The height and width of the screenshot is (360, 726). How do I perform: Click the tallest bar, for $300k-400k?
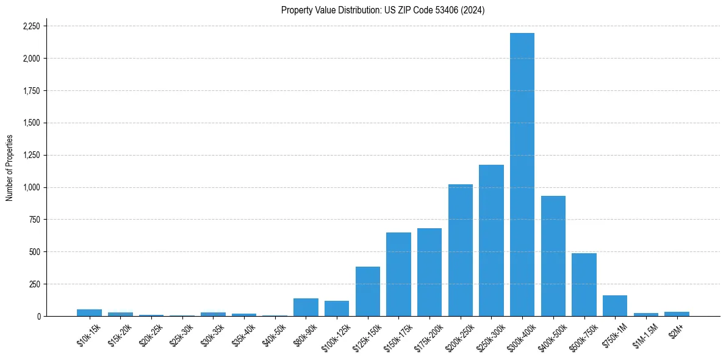(x=522, y=175)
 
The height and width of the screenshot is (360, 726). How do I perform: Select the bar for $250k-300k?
(x=491, y=240)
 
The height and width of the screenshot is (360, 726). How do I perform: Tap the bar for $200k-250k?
(x=460, y=250)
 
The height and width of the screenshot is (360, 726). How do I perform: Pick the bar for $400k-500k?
(x=553, y=256)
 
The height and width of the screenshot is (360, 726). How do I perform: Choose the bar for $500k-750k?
(x=584, y=285)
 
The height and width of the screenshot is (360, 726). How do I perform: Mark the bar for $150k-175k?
(x=398, y=275)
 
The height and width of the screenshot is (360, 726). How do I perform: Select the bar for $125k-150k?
(x=368, y=292)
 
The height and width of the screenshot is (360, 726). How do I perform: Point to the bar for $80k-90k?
(x=306, y=308)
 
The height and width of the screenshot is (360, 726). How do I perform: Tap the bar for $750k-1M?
(x=615, y=306)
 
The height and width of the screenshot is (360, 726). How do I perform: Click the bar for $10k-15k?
(x=89, y=313)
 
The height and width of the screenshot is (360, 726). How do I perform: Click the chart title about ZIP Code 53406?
(x=383, y=10)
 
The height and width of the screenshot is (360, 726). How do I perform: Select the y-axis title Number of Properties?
(x=10, y=168)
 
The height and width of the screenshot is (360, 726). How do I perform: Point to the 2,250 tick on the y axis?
(x=31, y=26)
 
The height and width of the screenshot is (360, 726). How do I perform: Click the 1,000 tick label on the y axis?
(x=31, y=187)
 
